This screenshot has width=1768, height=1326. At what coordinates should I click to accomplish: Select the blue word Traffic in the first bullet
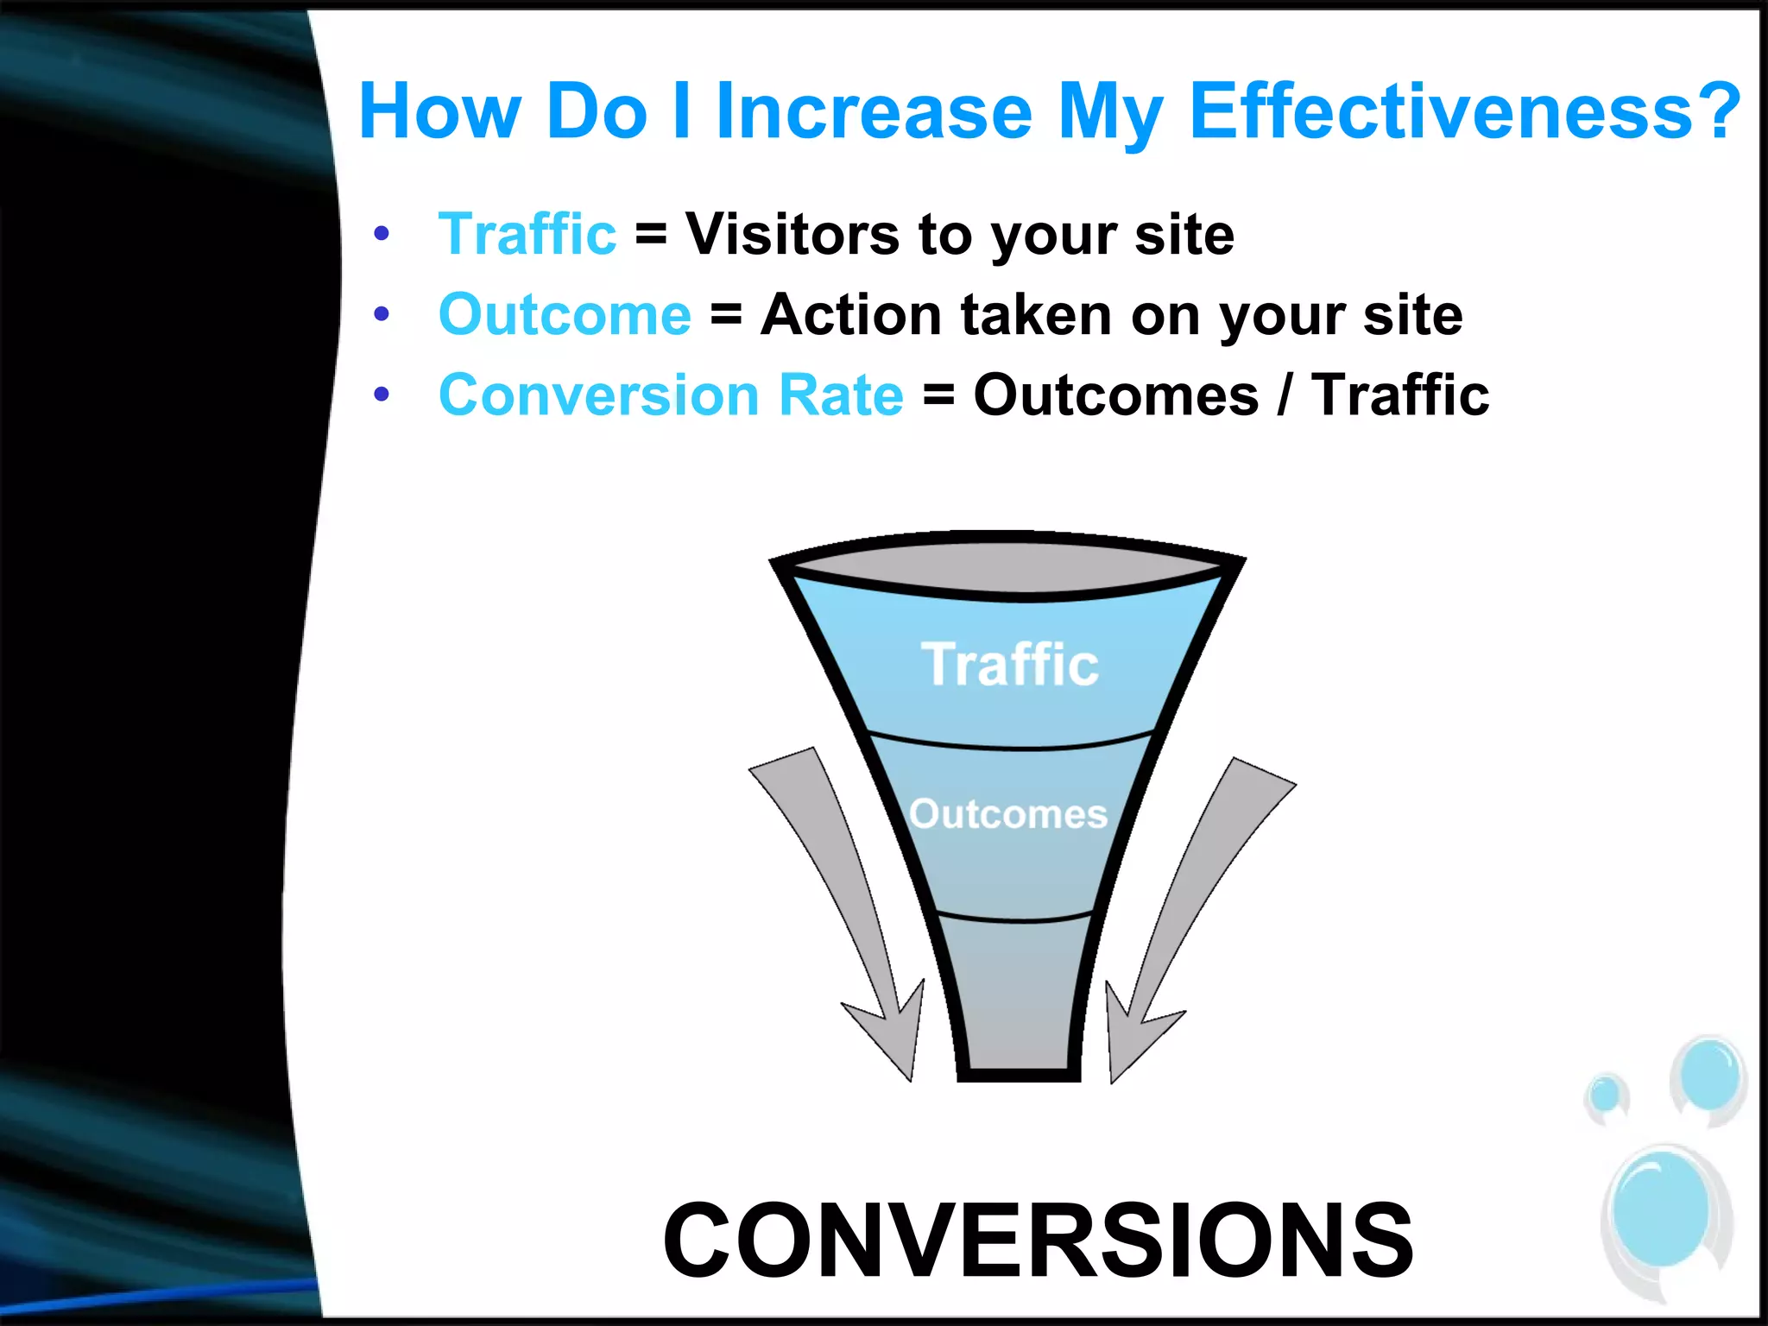tap(527, 234)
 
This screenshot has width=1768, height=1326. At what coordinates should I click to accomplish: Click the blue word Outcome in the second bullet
tap(565, 314)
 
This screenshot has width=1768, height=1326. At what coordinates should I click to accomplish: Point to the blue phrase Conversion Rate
tap(671, 395)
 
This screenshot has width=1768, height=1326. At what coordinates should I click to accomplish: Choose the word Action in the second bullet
tap(850, 314)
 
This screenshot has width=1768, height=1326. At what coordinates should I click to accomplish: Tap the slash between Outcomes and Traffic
tap(1285, 395)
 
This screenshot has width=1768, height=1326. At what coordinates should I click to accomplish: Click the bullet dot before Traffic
tap(382, 234)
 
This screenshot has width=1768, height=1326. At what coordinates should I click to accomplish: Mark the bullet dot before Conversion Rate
tap(382, 395)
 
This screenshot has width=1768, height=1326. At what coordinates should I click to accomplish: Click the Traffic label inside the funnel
tap(1010, 665)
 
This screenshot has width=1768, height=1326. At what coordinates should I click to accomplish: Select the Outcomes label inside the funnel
tap(1008, 814)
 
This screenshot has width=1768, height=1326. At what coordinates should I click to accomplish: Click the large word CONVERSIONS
tap(1038, 1241)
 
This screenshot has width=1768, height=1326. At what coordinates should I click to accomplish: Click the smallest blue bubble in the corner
tap(1606, 1095)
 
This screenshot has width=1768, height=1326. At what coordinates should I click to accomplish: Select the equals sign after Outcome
tap(726, 316)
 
